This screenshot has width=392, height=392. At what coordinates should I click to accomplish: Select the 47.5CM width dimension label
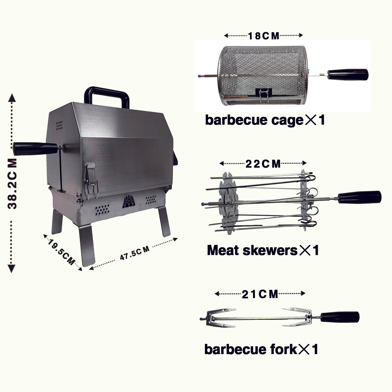[x=135, y=253]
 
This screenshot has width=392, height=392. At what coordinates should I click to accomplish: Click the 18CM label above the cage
[x=263, y=36]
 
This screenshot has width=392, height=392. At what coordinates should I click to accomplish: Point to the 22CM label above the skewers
[x=263, y=164]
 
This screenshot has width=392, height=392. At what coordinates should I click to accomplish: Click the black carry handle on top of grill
[x=107, y=95]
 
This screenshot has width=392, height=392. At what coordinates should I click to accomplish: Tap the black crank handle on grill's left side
[x=35, y=149]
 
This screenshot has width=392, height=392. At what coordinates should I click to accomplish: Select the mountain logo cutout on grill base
[x=129, y=202]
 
